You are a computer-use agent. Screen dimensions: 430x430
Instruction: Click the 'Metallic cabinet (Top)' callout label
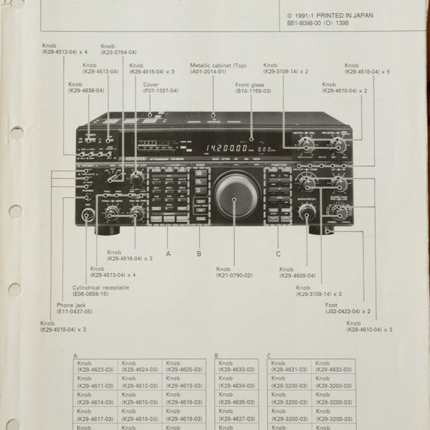tap(219, 68)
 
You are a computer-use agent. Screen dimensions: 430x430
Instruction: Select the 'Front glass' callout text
tap(252, 88)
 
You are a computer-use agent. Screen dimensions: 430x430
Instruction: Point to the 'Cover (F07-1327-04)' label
tap(161, 88)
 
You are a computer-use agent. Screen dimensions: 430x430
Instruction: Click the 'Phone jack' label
tap(75, 309)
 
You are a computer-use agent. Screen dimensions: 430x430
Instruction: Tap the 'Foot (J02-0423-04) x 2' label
tap(347, 307)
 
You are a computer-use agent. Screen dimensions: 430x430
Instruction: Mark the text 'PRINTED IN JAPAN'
tap(349, 14)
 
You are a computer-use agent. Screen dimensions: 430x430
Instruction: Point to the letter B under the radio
tap(199, 253)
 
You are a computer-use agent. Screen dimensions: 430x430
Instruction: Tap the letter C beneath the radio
tap(278, 253)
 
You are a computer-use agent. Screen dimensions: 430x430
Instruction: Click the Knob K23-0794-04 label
tap(118, 49)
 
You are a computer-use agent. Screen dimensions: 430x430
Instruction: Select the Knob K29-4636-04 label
tap(86, 87)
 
